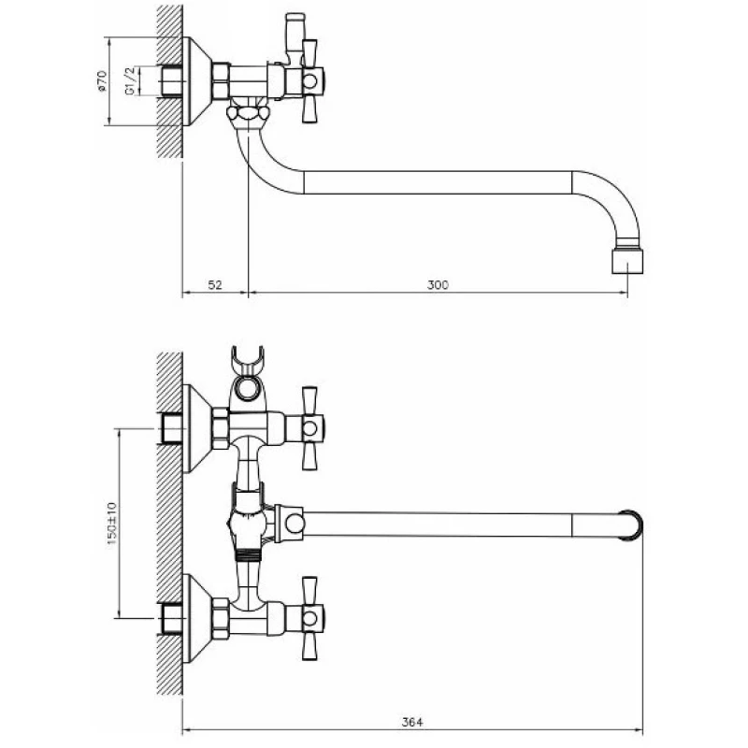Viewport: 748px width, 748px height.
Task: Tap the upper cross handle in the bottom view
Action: click(x=311, y=428)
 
